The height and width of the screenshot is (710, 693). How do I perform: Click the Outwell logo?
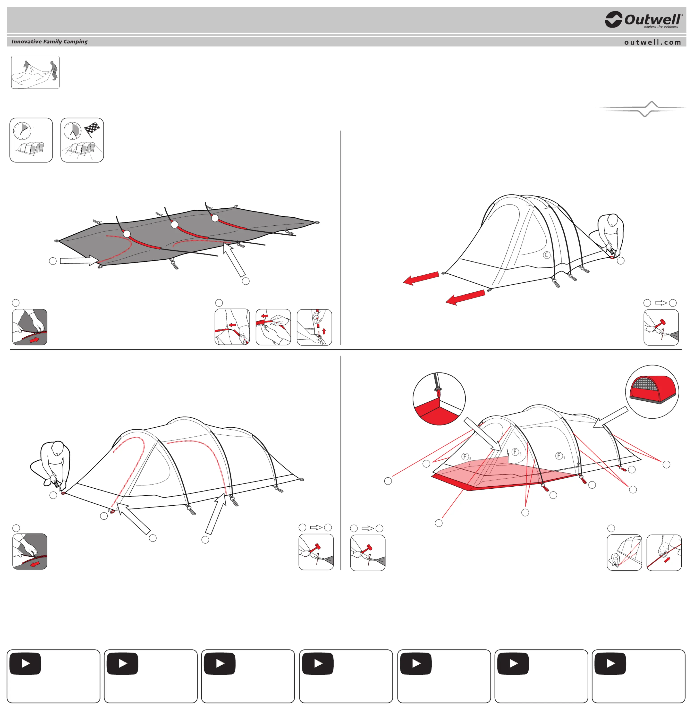coord(643,20)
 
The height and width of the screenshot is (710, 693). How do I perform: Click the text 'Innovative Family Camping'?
coord(49,42)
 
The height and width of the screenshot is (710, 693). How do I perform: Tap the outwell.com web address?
coord(653,42)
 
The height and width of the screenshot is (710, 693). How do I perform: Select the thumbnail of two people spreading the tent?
coord(35,72)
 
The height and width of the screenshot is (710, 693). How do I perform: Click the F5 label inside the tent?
coord(466,457)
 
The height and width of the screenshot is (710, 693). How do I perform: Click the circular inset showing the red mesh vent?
coord(652,392)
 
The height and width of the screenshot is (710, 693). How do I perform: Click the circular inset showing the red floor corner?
coord(439,399)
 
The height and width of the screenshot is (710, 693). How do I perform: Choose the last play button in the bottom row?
coord(610,664)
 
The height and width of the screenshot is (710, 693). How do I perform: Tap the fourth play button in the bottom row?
coord(318,664)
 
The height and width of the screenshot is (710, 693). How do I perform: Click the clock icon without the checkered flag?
coord(22,131)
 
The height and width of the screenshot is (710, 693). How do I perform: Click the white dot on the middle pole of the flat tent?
coord(175,225)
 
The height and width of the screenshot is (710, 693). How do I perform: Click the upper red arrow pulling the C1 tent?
coord(421,278)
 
